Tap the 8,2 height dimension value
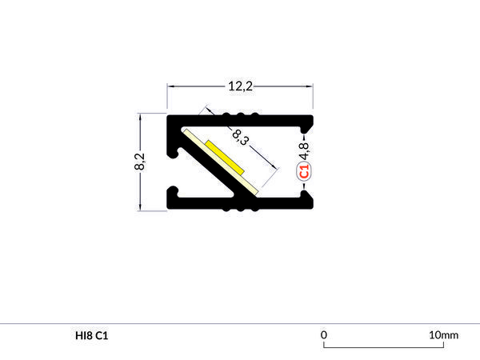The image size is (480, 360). (x=139, y=162)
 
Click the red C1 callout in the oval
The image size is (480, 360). (x=304, y=170)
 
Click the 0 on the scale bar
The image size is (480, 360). (x=324, y=334)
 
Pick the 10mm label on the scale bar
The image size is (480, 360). (x=443, y=334)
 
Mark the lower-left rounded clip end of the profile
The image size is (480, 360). (x=174, y=195)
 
